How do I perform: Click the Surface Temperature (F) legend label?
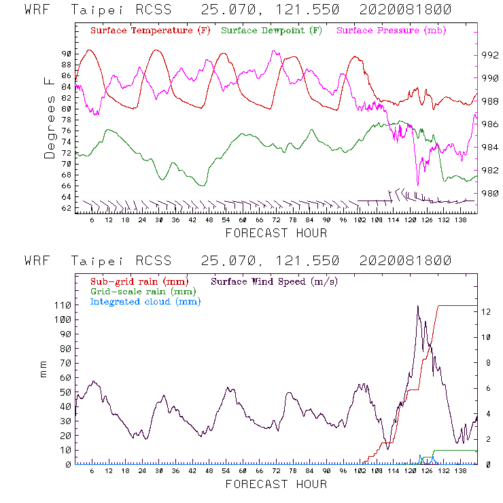pyautogui.click(x=150, y=31)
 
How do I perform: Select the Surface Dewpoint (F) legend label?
pyautogui.click(x=272, y=31)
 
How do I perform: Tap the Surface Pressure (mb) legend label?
pyautogui.click(x=392, y=31)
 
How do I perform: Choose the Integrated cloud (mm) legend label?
pyautogui.click(x=145, y=301)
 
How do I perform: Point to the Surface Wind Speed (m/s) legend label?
pyautogui.click(x=275, y=281)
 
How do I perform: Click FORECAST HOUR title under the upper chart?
pyautogui.click(x=276, y=233)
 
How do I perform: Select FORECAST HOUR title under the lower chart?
pyautogui.click(x=276, y=485)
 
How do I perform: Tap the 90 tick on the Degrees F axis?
pyautogui.click(x=66, y=54)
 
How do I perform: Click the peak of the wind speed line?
pyautogui.click(x=417, y=307)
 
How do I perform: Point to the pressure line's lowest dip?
pyautogui.click(x=417, y=184)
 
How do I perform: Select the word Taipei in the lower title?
pyautogui.click(x=96, y=261)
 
